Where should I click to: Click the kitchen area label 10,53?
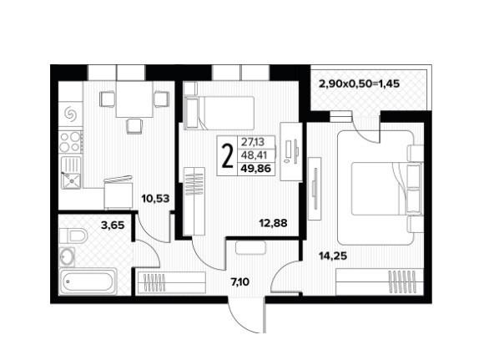pyautogui.click(x=155, y=199)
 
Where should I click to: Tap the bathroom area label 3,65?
pyautogui.click(x=113, y=225)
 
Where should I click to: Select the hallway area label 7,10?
pyautogui.click(x=240, y=281)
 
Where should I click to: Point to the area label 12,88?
pyautogui.click(x=273, y=223)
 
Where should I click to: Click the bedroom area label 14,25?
pyautogui.click(x=333, y=256)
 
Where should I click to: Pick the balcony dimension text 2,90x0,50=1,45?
pyautogui.click(x=359, y=84)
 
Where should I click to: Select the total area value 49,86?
pyautogui.click(x=256, y=169)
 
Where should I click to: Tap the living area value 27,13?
pyautogui.click(x=253, y=142)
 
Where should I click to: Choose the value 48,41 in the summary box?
pyautogui.click(x=254, y=155)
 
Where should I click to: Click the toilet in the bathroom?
pyautogui.click(x=73, y=236)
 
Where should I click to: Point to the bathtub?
pyautogui.click(x=88, y=281)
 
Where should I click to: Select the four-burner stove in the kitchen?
pyautogui.click(x=71, y=142)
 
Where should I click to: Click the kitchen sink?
pyautogui.click(x=71, y=172)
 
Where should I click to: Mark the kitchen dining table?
pyautogui.click(x=134, y=99)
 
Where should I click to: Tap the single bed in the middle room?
pyautogui.click(x=219, y=113)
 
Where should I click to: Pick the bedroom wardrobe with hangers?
pyautogui.click(x=380, y=281)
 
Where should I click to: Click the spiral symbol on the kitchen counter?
pyautogui.click(x=70, y=114)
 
